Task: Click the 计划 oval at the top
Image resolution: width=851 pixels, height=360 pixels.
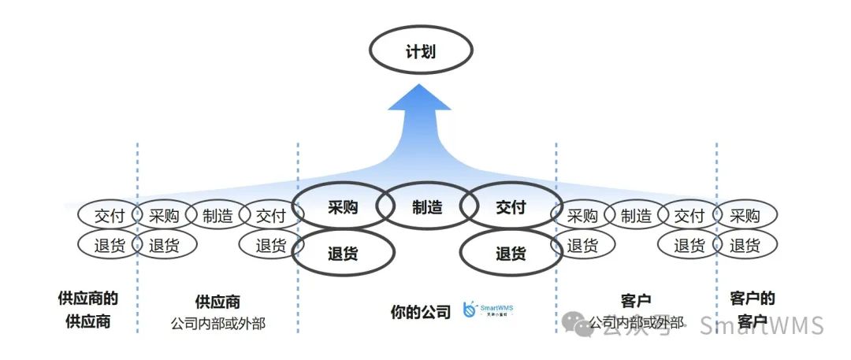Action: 422,52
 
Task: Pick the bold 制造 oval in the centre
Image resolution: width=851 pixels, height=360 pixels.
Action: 426,208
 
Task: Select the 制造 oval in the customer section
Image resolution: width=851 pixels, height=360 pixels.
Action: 635,215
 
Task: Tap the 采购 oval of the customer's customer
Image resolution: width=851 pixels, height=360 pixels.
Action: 745,215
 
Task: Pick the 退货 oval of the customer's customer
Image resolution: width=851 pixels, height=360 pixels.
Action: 745,245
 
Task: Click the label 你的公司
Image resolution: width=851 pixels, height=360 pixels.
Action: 421,312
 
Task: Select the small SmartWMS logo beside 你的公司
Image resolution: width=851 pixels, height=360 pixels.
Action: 488,310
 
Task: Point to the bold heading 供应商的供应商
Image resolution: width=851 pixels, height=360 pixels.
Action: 88,310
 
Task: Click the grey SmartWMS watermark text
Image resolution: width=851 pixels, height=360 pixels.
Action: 761,325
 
